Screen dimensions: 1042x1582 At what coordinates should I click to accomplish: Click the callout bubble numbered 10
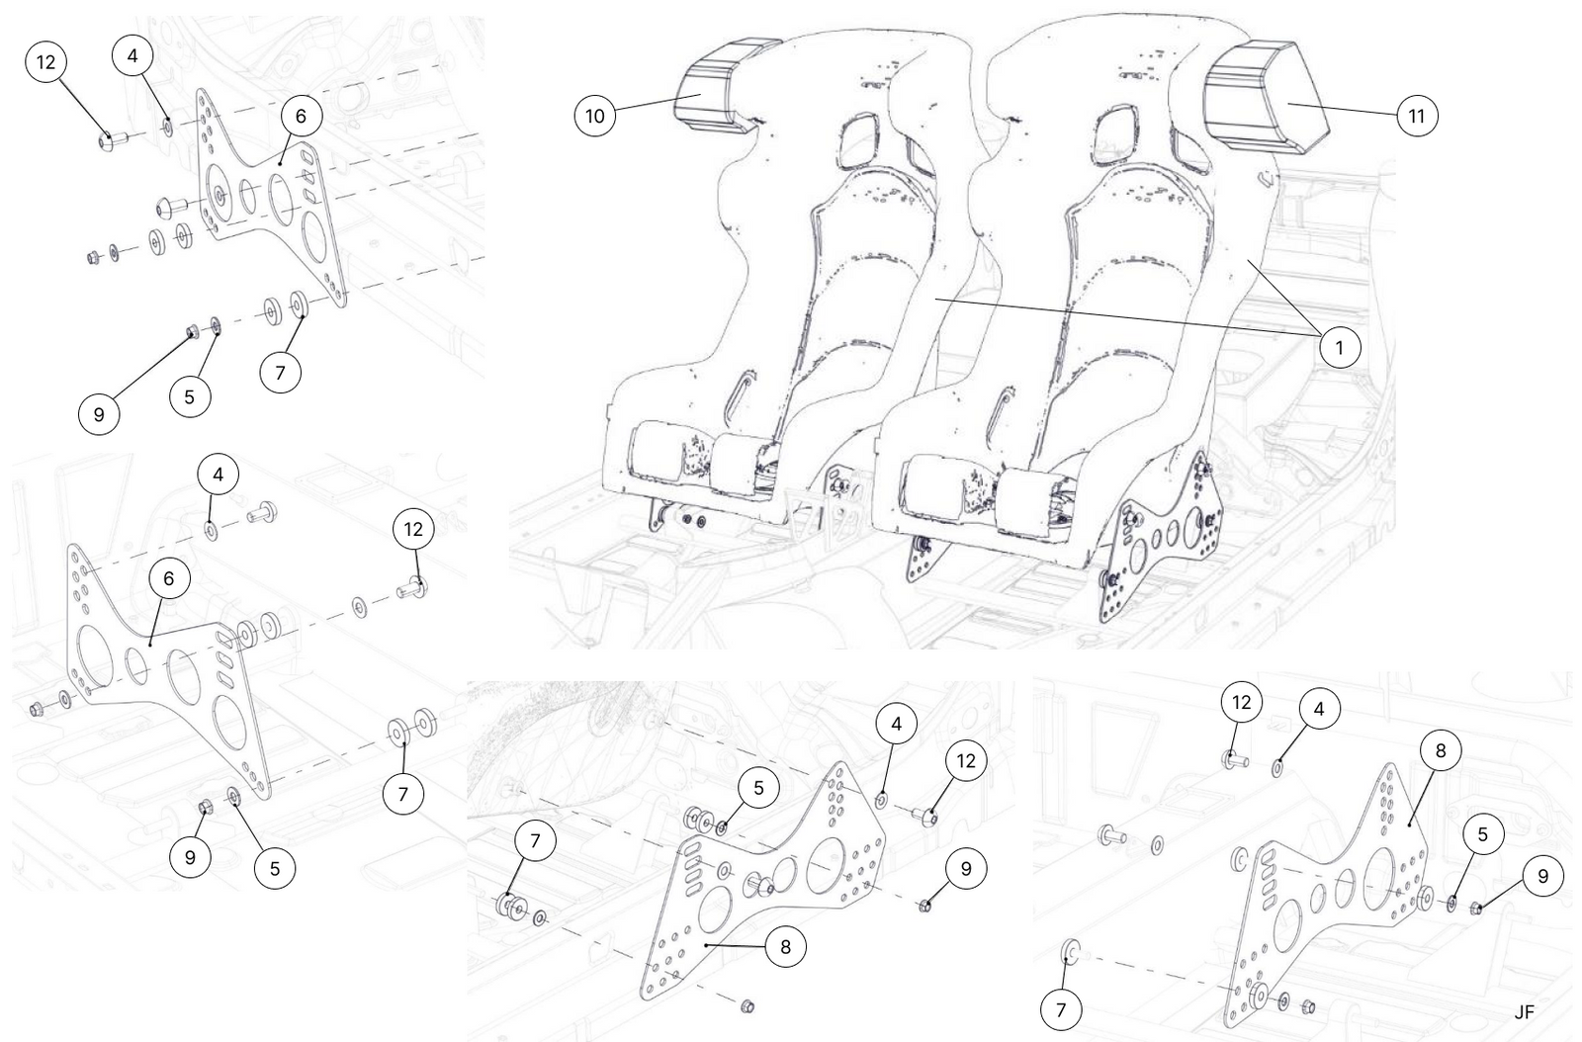click(595, 116)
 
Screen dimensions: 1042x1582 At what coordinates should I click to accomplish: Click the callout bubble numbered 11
click(1417, 116)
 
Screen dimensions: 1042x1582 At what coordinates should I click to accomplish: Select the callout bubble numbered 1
click(1340, 347)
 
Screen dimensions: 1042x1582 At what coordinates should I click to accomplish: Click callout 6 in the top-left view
click(301, 116)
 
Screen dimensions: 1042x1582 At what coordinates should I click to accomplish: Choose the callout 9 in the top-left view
click(99, 414)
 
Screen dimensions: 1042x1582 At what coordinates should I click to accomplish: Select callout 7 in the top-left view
click(281, 373)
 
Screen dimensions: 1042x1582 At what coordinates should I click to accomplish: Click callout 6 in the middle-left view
click(169, 578)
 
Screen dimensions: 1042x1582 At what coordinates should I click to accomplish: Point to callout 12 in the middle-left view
click(413, 529)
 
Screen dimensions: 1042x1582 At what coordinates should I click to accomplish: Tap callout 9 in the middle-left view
click(190, 857)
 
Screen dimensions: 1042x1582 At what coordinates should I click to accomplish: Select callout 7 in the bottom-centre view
click(535, 841)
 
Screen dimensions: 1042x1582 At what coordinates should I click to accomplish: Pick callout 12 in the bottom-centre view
click(966, 760)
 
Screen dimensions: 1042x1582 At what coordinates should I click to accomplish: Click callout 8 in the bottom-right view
click(1440, 750)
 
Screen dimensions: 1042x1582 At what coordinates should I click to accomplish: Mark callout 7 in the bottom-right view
click(1062, 1009)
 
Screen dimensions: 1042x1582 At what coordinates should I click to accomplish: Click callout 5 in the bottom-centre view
click(758, 788)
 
